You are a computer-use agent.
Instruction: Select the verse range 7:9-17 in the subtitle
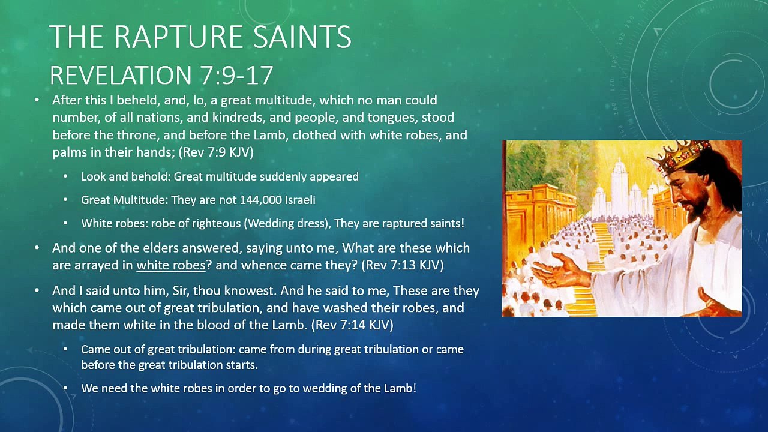[x=234, y=76]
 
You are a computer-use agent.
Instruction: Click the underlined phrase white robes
[x=171, y=265]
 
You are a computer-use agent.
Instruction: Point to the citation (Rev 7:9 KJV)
[x=216, y=152]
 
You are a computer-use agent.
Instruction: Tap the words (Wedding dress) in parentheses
[x=288, y=224]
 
